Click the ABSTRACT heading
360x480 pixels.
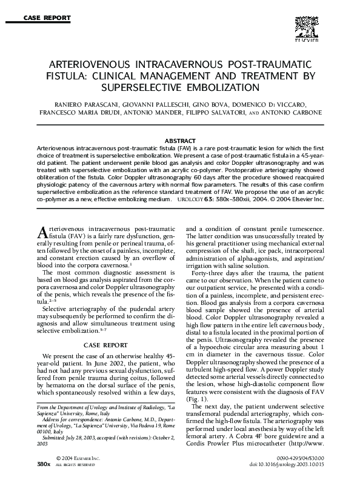coord(180,141)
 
